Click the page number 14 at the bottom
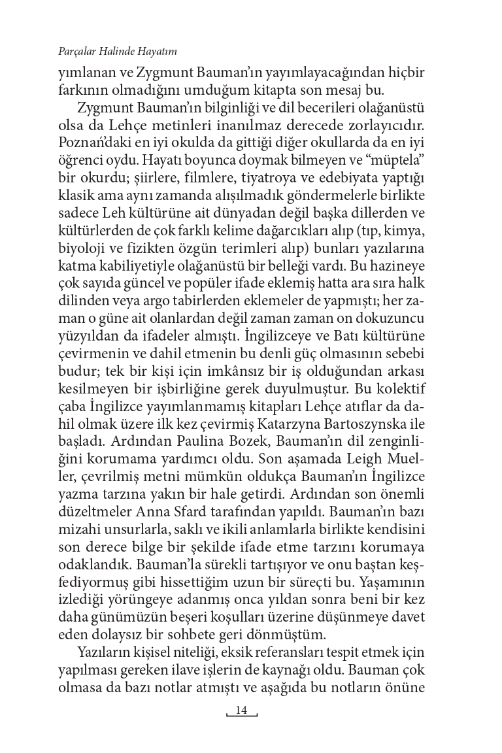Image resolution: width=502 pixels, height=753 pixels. [241, 711]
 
